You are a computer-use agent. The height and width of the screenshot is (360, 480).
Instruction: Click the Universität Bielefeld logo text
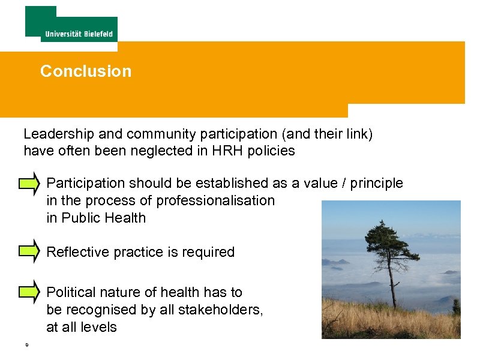click(79, 34)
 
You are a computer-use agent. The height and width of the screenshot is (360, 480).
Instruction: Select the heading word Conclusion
click(86, 71)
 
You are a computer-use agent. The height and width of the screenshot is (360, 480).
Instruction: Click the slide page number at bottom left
click(27, 345)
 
